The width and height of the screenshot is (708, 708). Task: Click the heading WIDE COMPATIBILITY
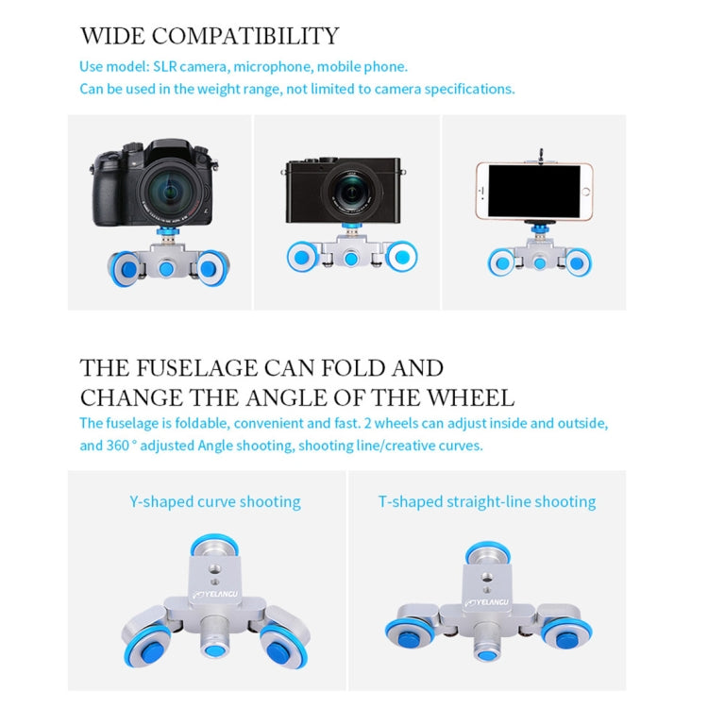point(209,37)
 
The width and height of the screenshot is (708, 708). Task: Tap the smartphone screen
point(533,192)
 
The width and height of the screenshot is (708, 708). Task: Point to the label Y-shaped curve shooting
point(214,501)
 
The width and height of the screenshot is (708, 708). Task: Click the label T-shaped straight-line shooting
point(487,501)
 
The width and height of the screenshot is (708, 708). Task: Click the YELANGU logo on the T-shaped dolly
point(486,598)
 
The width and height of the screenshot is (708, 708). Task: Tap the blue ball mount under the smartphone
point(533,231)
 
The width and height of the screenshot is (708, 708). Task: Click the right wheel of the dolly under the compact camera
point(401,256)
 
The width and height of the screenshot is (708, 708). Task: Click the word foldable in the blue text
point(187,423)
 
